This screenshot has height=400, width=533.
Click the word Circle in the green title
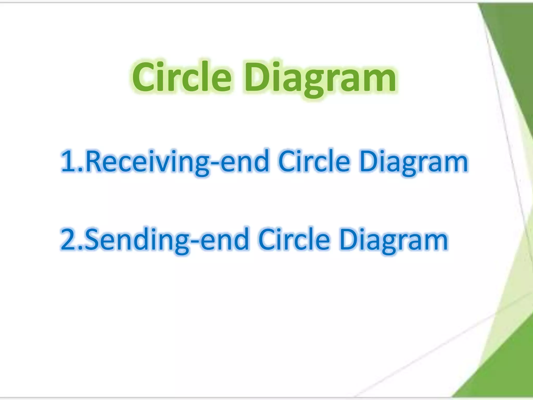(x=181, y=77)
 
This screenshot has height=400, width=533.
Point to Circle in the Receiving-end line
(x=314, y=161)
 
